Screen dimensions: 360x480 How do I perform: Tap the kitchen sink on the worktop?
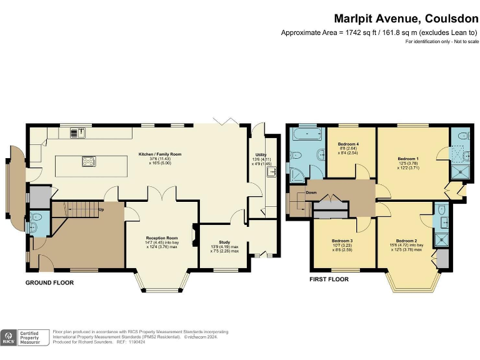click(79, 132)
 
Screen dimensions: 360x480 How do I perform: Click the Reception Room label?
click(162, 238)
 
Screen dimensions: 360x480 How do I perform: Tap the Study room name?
click(224, 242)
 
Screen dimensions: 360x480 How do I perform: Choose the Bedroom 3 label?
click(342, 241)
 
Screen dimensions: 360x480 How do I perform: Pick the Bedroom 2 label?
click(406, 241)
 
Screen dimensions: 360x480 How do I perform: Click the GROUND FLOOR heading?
click(49, 283)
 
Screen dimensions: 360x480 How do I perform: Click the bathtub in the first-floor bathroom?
click(306, 134)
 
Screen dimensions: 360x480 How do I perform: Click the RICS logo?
click(9, 337)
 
